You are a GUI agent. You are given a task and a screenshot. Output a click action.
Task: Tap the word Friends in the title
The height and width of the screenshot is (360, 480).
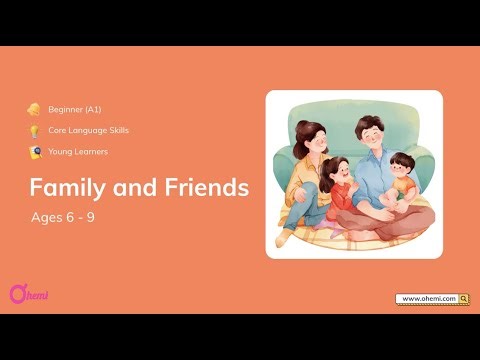click(203, 188)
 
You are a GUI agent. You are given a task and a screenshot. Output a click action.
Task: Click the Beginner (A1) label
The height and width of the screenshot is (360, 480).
click(74, 109)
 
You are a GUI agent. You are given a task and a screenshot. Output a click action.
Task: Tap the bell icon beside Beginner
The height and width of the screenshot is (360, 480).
click(34, 109)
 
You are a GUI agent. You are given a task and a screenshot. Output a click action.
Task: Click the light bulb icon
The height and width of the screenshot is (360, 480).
click(34, 130)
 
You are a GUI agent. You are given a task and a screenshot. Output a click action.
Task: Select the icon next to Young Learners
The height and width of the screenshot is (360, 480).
click(34, 152)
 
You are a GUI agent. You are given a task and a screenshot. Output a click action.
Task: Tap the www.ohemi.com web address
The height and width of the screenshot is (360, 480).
click(427, 298)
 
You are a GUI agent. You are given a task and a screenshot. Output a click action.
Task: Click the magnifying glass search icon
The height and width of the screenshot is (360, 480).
click(464, 298)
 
